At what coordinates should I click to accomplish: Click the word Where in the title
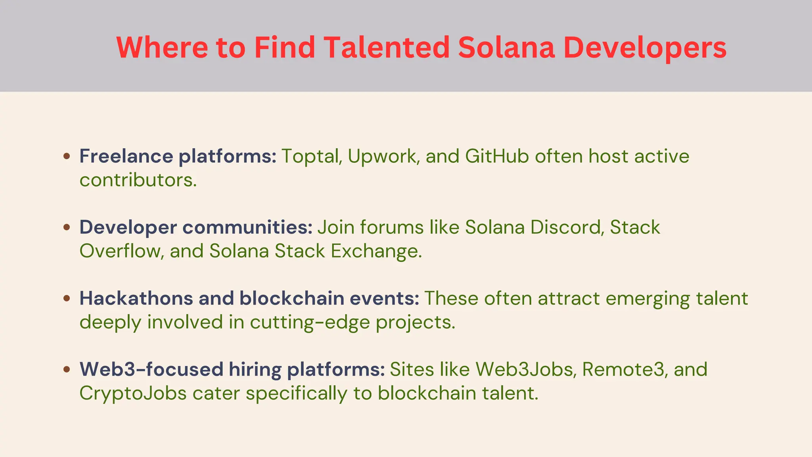click(162, 47)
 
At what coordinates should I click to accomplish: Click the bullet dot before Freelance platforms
click(67, 156)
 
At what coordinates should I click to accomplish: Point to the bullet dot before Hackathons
click(67, 298)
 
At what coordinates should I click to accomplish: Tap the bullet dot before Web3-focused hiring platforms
click(67, 369)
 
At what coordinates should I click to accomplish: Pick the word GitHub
click(497, 156)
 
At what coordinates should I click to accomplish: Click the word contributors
click(138, 180)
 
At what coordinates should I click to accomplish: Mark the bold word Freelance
click(126, 156)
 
